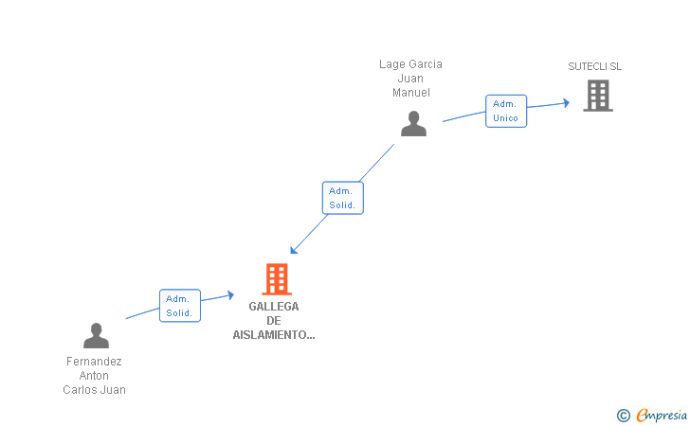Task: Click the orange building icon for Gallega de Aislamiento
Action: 276,279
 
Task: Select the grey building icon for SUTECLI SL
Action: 597,96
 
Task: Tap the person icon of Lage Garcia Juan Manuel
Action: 413,124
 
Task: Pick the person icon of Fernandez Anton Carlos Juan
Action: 96,336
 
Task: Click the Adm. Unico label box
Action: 505,111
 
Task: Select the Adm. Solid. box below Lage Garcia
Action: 342,198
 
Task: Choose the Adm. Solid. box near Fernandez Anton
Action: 179,306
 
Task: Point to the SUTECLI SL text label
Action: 594,66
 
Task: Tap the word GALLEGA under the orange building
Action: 274,307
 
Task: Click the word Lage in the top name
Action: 391,64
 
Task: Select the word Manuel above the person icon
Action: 411,93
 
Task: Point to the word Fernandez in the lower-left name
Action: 94,362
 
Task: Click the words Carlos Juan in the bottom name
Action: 94,390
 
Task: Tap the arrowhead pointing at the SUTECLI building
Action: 566,103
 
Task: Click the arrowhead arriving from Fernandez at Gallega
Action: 230,294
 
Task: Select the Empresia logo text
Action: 662,415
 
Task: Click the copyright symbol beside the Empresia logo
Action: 623,415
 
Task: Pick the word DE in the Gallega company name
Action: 274,321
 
